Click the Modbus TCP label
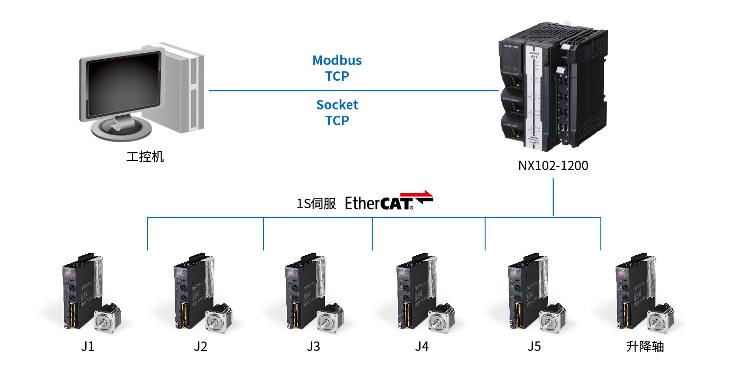point(337,68)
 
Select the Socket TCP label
point(337,113)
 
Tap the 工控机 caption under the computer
point(145,157)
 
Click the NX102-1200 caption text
point(553,166)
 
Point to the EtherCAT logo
point(389,201)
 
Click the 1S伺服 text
point(316,203)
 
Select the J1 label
point(88,347)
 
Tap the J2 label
point(200,347)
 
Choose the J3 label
point(313,347)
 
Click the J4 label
point(422,347)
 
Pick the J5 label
point(534,347)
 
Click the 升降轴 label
point(645,347)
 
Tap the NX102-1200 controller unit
point(553,90)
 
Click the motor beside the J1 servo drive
point(109,320)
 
